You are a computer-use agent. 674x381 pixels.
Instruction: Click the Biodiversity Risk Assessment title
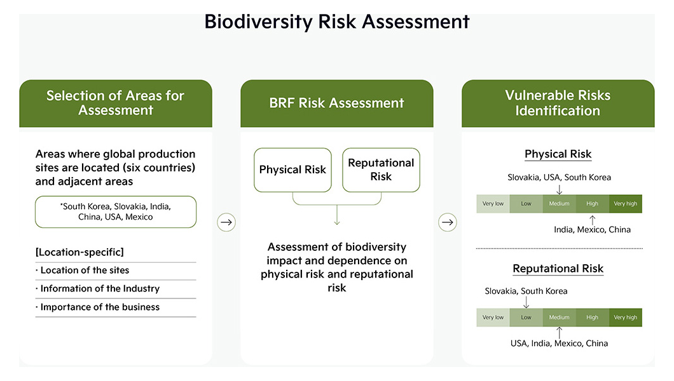pyautogui.click(x=336, y=22)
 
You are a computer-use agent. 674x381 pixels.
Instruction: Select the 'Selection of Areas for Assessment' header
pyautogui.click(x=116, y=104)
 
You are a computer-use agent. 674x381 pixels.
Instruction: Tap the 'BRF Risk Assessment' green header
pyautogui.click(x=337, y=104)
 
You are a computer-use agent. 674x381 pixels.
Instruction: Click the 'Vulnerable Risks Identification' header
pyautogui.click(x=558, y=104)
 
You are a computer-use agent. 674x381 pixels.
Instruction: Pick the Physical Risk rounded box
pyautogui.click(x=292, y=170)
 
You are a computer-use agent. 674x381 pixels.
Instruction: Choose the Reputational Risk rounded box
pyautogui.click(x=381, y=170)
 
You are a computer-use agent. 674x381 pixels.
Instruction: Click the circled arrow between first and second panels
pyautogui.click(x=226, y=222)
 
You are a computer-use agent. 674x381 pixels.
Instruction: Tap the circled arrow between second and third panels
pyautogui.click(x=448, y=222)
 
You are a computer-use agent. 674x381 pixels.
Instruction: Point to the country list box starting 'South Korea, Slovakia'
pyautogui.click(x=116, y=212)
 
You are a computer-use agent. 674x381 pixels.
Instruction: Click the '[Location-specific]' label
pyautogui.click(x=79, y=252)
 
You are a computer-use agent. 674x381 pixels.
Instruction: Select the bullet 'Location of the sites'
pyautogui.click(x=82, y=271)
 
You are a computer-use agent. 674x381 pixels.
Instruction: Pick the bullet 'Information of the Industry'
pyautogui.click(x=97, y=289)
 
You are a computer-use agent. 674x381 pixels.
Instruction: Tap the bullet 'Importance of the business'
pyautogui.click(x=97, y=307)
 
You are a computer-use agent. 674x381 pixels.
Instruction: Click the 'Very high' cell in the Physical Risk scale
pyautogui.click(x=626, y=204)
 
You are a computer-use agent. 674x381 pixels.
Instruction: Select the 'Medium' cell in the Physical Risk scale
pyautogui.click(x=560, y=204)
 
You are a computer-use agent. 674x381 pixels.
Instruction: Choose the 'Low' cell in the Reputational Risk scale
pyautogui.click(x=526, y=317)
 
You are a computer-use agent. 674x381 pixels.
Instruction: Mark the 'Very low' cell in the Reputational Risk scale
pyautogui.click(x=493, y=317)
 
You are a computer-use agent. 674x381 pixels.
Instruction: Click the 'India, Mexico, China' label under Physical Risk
pyautogui.click(x=593, y=229)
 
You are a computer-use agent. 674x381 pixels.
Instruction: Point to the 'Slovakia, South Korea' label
pyautogui.click(x=526, y=291)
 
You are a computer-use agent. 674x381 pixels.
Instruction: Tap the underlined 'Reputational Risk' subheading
pyautogui.click(x=558, y=269)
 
